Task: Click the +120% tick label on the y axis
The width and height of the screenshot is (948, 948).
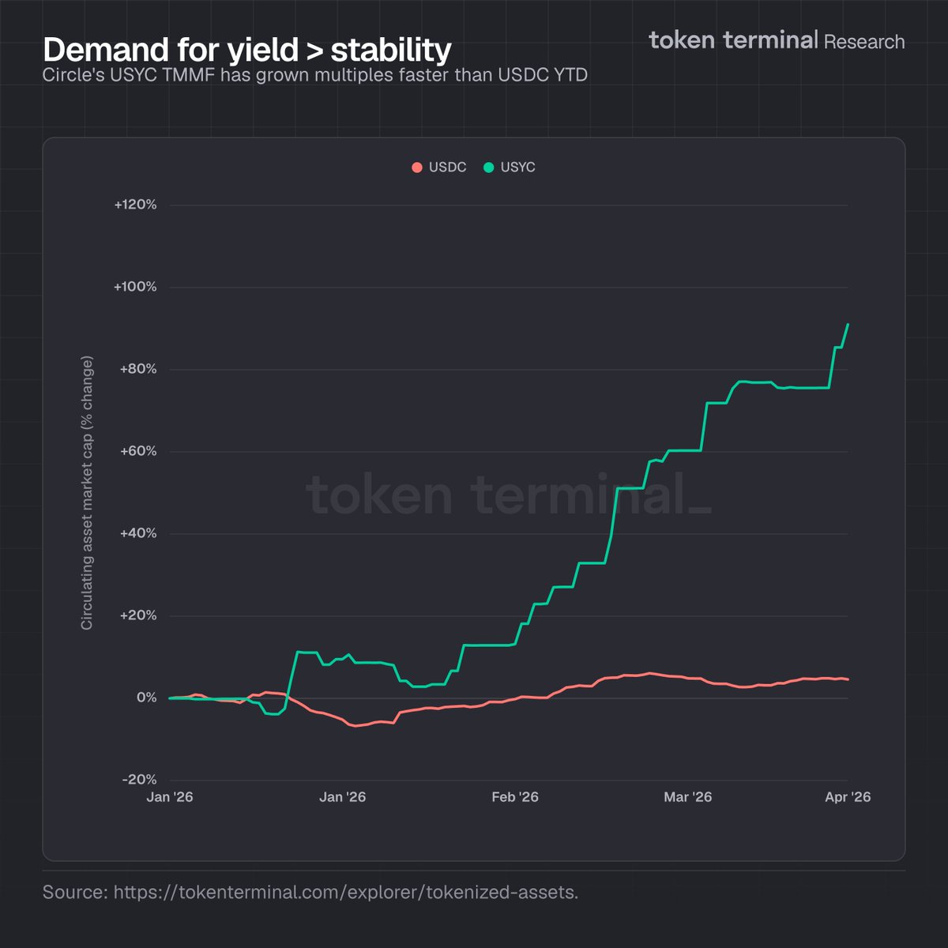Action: click(x=135, y=205)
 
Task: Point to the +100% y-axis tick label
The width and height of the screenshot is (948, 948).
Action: click(x=135, y=288)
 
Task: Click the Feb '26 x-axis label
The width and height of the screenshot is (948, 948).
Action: click(x=515, y=797)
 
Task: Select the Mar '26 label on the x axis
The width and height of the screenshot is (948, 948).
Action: click(x=687, y=797)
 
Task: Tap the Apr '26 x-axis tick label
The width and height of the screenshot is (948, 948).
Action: click(x=848, y=797)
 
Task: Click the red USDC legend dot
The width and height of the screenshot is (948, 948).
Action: click(x=417, y=167)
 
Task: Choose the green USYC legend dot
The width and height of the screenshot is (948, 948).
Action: click(x=488, y=167)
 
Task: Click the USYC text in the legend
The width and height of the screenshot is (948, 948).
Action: click(x=517, y=167)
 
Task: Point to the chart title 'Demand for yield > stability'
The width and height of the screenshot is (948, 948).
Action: click(x=247, y=50)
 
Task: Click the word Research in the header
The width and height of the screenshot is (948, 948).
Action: click(x=864, y=42)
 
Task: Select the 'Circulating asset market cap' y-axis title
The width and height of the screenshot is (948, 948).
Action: click(x=87, y=492)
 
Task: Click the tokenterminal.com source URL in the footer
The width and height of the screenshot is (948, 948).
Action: click(x=346, y=893)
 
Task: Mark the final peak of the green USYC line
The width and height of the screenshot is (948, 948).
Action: click(x=848, y=324)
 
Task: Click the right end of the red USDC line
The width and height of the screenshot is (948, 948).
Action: click(x=848, y=679)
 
